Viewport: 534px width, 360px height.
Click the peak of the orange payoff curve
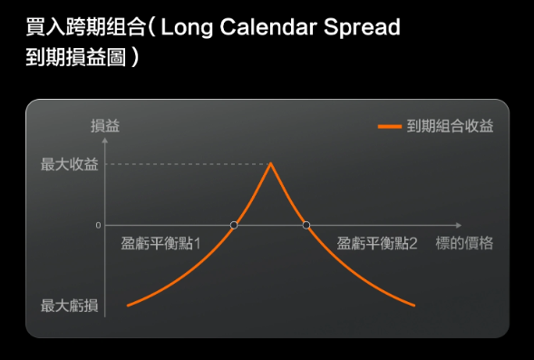coord(270,163)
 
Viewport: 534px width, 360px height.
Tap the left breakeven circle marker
coord(234,225)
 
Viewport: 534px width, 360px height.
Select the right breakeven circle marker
coord(306,225)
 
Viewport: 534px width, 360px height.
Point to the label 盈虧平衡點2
coord(377,243)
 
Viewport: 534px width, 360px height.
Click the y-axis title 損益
coord(105,126)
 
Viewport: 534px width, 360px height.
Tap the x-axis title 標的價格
coord(464,243)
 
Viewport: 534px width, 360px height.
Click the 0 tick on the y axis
coord(98,225)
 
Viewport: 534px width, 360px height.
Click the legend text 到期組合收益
coord(450,126)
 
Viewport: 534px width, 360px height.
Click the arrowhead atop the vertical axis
coord(106,139)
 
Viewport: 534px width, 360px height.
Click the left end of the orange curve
coord(128,305)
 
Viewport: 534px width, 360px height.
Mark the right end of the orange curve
coord(415,305)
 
